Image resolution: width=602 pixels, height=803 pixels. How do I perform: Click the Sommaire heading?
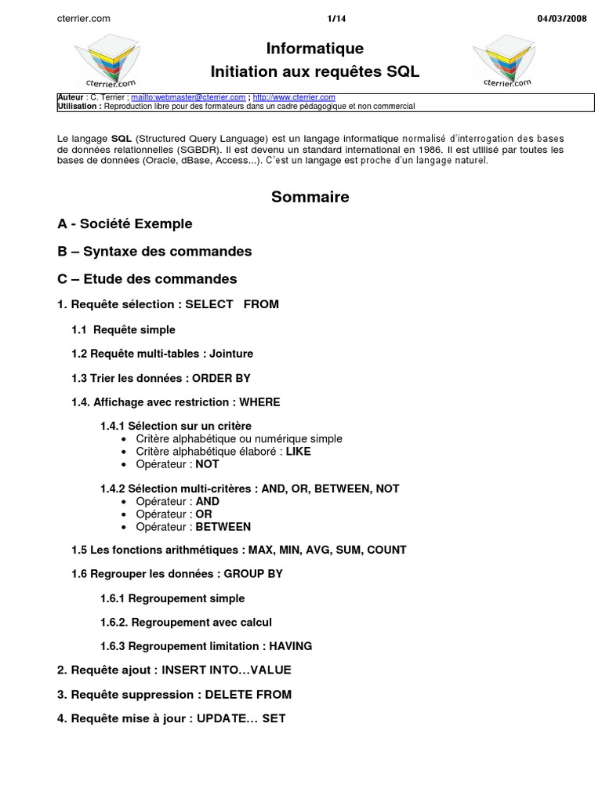(x=310, y=198)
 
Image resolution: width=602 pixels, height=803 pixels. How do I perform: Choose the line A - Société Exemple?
(x=125, y=224)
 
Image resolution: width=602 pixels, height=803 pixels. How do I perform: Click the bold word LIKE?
(x=299, y=452)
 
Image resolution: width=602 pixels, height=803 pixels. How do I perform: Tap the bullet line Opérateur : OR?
(x=174, y=514)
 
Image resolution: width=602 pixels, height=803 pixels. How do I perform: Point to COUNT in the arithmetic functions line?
(x=386, y=550)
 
